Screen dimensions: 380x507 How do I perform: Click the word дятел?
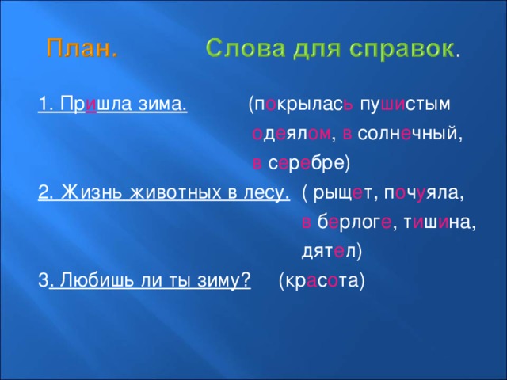click(330, 252)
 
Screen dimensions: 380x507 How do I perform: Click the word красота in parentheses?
click(322, 281)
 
